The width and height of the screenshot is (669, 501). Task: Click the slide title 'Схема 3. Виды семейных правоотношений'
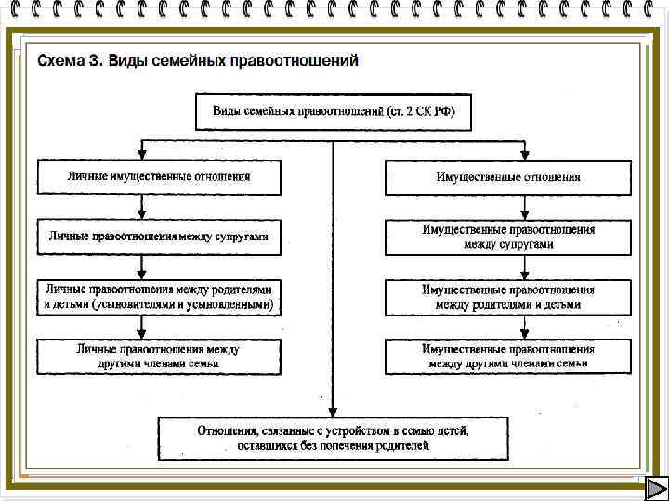[197, 61]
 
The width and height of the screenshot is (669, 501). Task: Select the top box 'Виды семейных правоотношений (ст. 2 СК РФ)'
[334, 112]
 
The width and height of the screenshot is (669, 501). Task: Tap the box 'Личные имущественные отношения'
[159, 176]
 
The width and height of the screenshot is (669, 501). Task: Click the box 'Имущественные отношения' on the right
[508, 176]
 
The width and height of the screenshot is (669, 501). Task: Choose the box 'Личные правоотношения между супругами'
[159, 237]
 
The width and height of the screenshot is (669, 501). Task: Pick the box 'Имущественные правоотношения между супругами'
[508, 237]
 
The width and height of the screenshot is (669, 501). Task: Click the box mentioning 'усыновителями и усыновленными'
[159, 297]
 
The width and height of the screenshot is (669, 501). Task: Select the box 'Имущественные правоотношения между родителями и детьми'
[508, 297]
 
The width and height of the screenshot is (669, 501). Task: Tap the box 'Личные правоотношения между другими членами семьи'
[159, 356]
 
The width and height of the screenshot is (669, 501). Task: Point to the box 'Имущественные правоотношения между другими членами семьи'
[508, 356]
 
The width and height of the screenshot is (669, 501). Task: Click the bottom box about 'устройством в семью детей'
[334, 438]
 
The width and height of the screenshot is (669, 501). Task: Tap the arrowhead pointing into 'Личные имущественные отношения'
[140, 154]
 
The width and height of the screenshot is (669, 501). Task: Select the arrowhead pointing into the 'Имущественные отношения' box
[525, 154]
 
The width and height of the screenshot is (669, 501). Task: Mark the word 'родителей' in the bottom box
[401, 446]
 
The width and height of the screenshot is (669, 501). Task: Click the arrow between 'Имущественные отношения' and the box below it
[525, 207]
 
